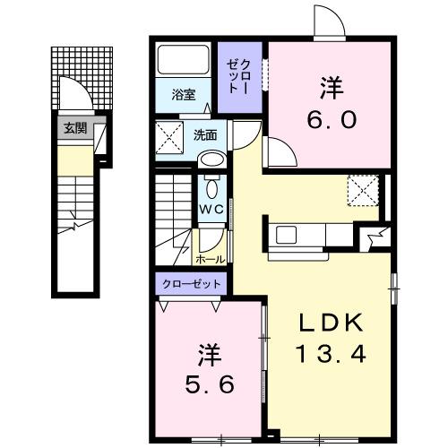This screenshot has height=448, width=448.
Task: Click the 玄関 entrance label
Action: coord(74,128)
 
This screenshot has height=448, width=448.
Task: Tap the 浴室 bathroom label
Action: coord(183,94)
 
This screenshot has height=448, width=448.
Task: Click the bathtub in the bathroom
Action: coord(183,62)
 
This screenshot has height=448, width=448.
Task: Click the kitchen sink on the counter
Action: coord(289,235)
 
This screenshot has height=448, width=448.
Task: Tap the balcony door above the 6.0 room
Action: coord(326,22)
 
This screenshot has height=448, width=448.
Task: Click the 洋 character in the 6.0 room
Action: coord(330,88)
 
